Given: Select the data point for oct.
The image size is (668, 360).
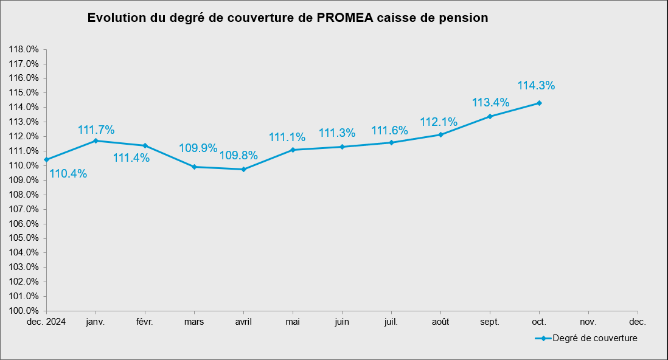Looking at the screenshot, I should tap(539, 103).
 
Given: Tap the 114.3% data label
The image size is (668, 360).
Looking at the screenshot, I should tap(536, 86).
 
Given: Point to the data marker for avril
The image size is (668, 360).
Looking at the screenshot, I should tap(243, 169).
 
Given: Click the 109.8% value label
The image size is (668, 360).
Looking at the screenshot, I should tap(238, 156).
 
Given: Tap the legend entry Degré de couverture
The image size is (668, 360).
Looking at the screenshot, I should tap(594, 338).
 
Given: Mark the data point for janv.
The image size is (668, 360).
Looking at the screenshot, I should tap(96, 140).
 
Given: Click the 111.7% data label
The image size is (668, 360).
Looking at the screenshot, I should tap(96, 130).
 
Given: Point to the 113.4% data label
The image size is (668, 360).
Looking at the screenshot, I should tap(491, 102).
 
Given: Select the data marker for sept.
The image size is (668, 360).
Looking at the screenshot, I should tap(490, 116).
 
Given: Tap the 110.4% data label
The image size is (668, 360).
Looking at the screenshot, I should tap(68, 174).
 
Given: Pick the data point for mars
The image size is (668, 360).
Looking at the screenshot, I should tap(194, 167).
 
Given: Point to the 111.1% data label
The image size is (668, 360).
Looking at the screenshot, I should tap(287, 137).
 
